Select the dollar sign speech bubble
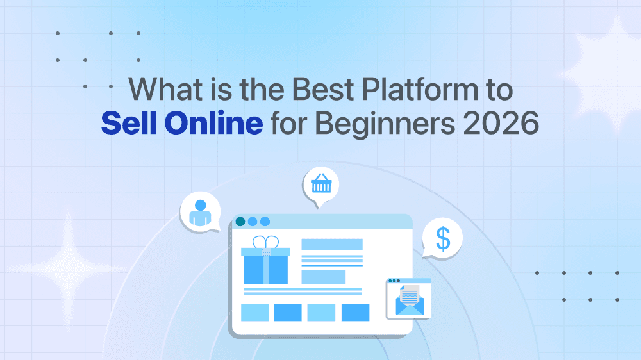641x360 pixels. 443,238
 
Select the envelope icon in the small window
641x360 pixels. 409,302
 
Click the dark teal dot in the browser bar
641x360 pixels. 240,222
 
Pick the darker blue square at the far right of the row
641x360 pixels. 355,313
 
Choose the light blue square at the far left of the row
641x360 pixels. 254,313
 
